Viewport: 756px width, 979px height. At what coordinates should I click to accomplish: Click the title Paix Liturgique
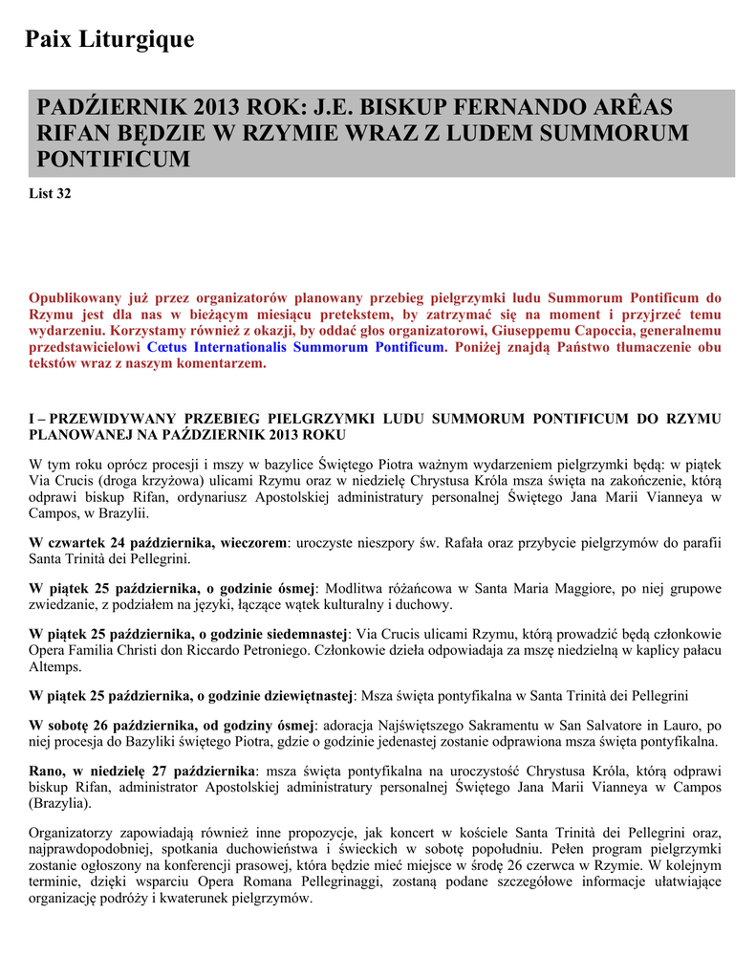point(109,39)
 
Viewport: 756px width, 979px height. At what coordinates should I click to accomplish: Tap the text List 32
point(51,193)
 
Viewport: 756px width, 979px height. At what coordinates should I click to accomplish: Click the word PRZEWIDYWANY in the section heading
point(111,419)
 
